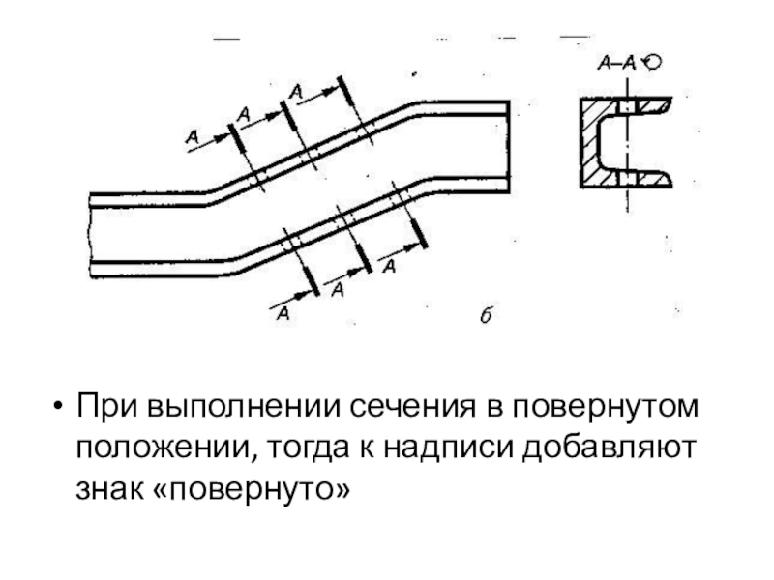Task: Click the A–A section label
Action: tap(615, 64)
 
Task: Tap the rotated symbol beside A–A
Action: tap(652, 64)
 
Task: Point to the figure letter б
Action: tap(487, 315)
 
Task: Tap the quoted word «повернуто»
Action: tap(258, 491)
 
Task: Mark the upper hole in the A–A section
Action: tap(627, 103)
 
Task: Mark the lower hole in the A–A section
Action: tap(627, 180)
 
